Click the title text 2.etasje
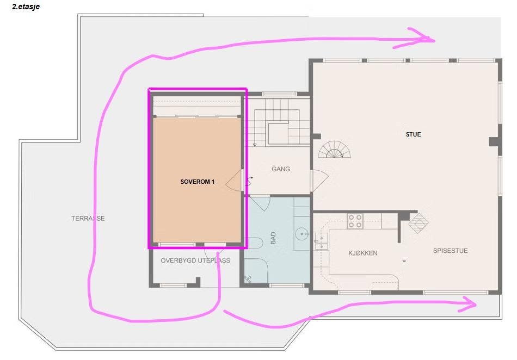point(26,7)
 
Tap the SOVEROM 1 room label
point(197,182)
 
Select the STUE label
point(413,134)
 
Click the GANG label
point(281,169)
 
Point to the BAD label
point(273,238)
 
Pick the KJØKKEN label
point(362,253)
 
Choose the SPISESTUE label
point(450,251)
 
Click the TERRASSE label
point(88,219)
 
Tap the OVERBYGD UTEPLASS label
point(195,260)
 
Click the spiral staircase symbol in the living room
point(334,150)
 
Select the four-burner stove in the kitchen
point(355,221)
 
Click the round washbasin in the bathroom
point(301,234)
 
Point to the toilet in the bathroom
point(255,243)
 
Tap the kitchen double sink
point(321,241)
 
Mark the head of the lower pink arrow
point(467,305)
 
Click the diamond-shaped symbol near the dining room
point(418,224)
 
